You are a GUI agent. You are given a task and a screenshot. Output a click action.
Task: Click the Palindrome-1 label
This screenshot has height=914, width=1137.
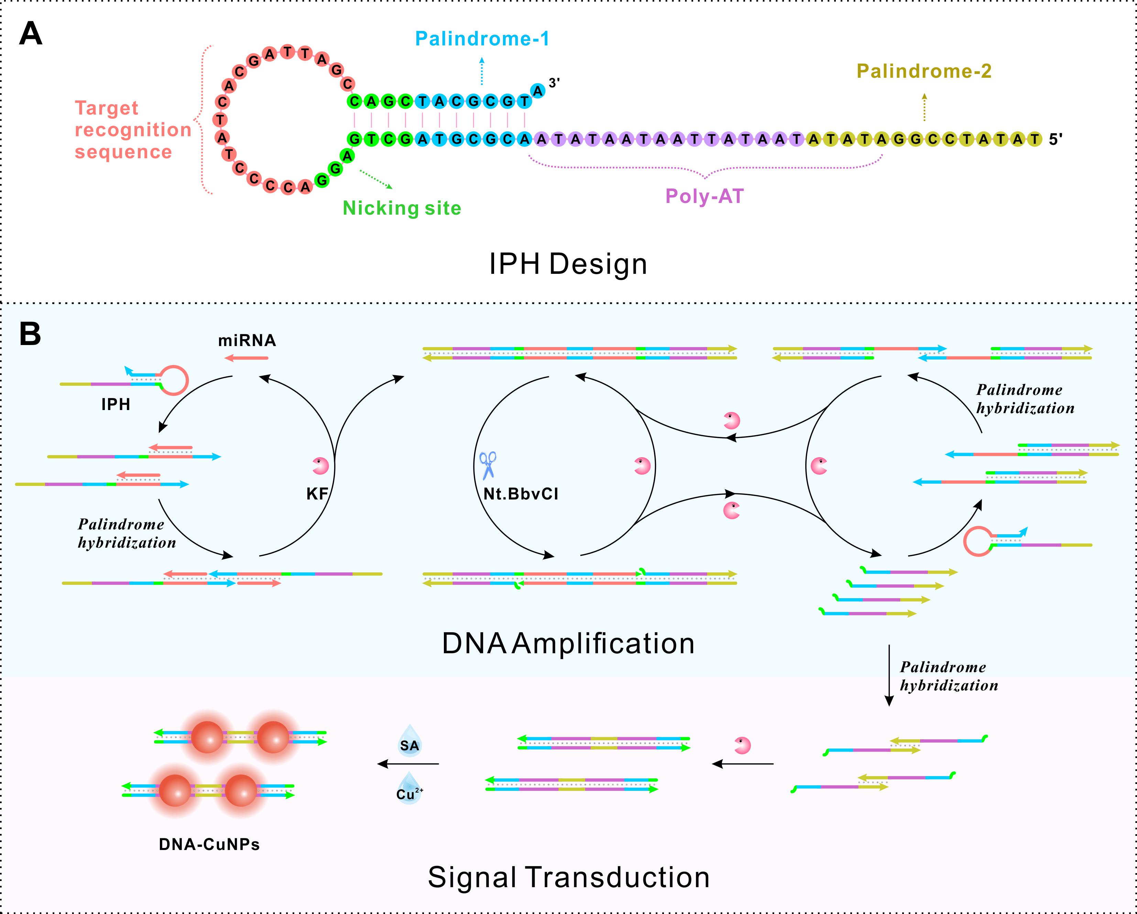coord(482,39)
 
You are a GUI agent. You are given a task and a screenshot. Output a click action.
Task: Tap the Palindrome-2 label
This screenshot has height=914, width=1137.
coord(924,71)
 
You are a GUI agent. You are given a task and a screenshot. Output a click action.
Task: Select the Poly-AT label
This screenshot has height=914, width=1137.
coord(704,196)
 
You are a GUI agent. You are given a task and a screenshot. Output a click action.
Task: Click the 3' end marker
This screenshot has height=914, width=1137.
coord(554,83)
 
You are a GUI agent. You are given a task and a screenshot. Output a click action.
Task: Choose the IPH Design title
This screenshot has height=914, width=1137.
coord(568,264)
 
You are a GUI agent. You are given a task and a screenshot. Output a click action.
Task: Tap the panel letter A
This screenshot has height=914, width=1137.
coord(31,35)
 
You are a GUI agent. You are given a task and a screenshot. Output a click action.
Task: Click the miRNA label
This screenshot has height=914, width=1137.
coord(247,340)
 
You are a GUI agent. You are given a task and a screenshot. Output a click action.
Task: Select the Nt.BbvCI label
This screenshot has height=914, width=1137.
coord(521,494)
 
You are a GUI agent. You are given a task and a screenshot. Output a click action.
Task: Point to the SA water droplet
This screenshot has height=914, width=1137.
coord(410,741)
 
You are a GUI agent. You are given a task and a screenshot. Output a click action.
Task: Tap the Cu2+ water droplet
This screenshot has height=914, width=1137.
coord(409,788)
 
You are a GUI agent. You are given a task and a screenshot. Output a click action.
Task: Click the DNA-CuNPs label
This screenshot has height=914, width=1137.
coord(209,845)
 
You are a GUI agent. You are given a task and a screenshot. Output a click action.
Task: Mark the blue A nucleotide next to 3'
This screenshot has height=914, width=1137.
coord(537,91)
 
